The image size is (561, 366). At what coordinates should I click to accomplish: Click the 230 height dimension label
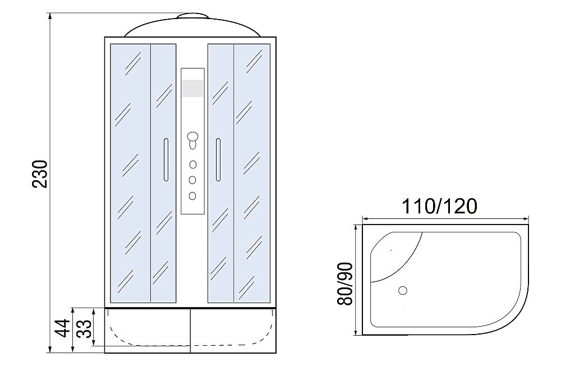(40, 173)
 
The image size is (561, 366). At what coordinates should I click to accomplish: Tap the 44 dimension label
(63, 328)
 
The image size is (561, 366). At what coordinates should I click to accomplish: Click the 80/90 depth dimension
(345, 283)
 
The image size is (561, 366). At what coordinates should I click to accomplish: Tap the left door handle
(165, 159)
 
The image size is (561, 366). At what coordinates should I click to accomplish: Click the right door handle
(218, 159)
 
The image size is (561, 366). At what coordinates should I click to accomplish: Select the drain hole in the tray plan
(403, 290)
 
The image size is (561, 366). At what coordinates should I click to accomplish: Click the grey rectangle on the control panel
(193, 88)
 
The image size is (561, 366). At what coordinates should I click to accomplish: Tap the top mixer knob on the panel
(193, 137)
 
